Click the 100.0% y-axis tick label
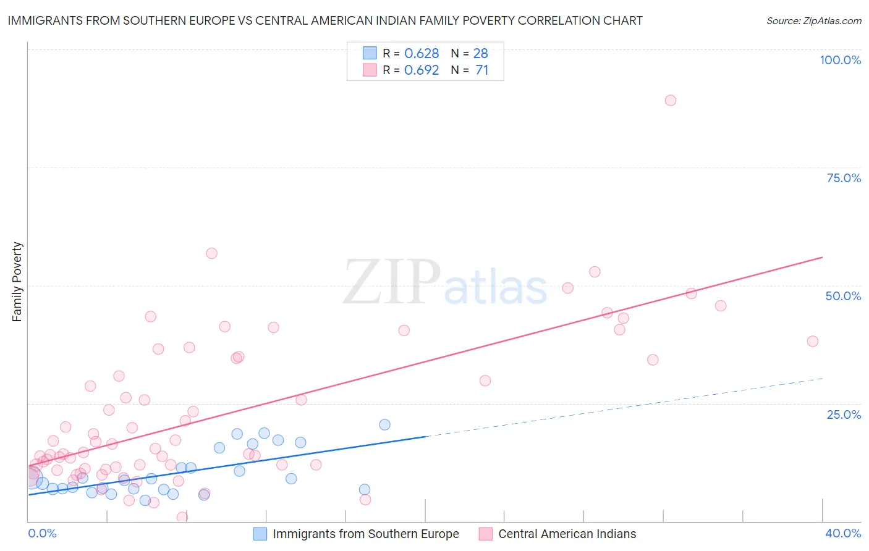pos(840,60)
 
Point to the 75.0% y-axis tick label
pos(844,178)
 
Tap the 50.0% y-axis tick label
pos(843,296)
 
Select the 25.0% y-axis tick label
pos(844,414)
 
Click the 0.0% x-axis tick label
pos(43,533)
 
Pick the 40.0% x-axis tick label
pos(843,533)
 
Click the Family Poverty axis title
pos(17,282)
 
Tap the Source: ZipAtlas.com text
pos(814,20)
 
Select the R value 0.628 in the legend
pos(422,53)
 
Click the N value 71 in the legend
pos(481,70)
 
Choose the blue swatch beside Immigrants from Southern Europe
pos(260,534)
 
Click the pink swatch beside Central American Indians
pos(486,534)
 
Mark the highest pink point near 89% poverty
pos(671,100)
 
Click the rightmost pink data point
pos(813,341)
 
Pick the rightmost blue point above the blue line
pos(384,424)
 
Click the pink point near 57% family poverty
pos(211,253)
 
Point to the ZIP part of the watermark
pos(391,282)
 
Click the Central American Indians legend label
pos(567,534)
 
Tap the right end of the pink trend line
pos(822,257)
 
